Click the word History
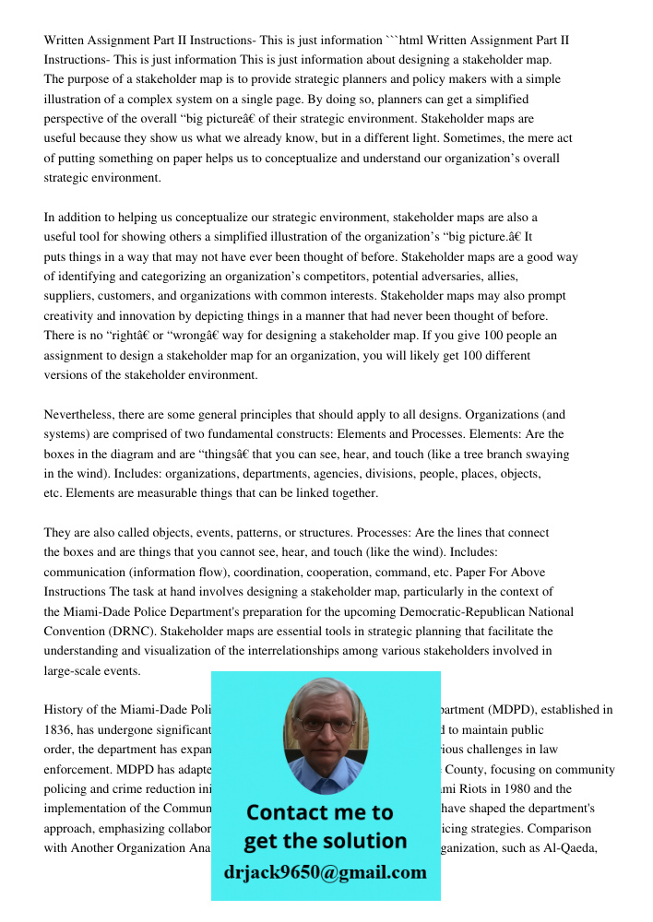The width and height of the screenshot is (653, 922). [x=64, y=710]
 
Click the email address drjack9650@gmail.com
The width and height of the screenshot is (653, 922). [x=325, y=872]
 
